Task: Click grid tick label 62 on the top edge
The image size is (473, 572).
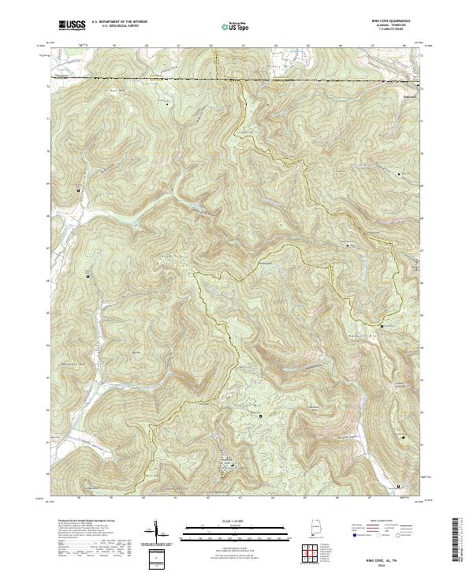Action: [x=211, y=45]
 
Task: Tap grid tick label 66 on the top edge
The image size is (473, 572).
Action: [x=339, y=45]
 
